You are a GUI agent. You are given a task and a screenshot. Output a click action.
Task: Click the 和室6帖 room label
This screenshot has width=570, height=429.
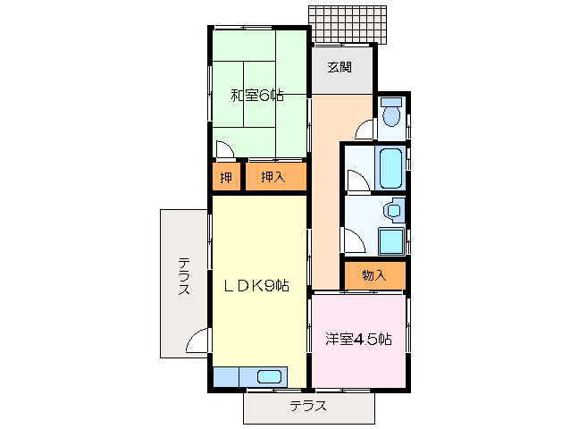pos(257,95)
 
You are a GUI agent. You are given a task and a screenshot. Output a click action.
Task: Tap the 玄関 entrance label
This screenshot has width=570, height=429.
pos(339,67)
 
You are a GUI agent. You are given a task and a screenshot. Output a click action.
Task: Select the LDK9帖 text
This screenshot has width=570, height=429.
pos(256,286)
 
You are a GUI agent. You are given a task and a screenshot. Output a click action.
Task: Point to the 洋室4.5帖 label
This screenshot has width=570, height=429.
pos(357,339)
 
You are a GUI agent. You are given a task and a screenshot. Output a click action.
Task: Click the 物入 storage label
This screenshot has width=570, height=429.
pos(373,275)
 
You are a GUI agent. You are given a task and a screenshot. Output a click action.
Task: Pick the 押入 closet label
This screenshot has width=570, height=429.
pos(273,177)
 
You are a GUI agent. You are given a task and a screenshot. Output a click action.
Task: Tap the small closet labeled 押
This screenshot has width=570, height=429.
pos(225,177)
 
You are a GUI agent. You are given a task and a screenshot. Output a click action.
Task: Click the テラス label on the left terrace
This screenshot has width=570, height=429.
pos(183,277)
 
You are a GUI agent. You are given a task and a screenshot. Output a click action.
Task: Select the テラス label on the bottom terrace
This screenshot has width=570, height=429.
pos(307,407)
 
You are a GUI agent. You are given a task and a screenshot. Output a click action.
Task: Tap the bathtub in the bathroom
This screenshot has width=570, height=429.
pos(390,168)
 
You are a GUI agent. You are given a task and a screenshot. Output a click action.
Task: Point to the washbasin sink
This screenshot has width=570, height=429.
pos(392,211)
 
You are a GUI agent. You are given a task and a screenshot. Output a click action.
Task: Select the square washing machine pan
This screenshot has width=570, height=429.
pos(390,241)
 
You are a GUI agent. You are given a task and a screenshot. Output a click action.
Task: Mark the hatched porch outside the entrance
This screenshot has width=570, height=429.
pos(350,26)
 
